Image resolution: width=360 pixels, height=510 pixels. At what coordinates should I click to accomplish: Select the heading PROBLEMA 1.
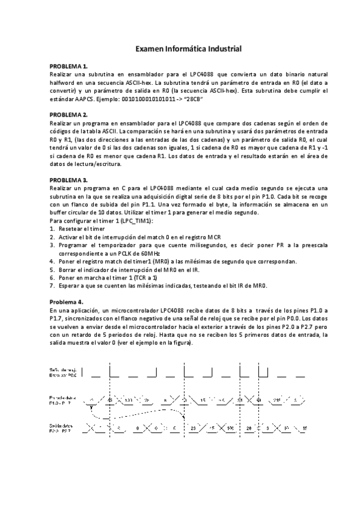69,66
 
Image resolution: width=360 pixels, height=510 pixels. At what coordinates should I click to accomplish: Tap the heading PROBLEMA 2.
69,114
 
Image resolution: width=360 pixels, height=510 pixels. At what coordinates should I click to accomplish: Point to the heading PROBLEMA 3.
69,180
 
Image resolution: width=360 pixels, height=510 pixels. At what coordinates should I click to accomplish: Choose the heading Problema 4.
67,301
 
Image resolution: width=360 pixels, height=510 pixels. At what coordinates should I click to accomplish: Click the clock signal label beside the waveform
64,372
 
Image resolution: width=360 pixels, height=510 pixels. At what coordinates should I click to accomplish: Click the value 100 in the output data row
231,428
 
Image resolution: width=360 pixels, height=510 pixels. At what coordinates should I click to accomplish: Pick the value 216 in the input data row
277,399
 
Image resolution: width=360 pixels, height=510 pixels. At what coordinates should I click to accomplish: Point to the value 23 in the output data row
194,428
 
